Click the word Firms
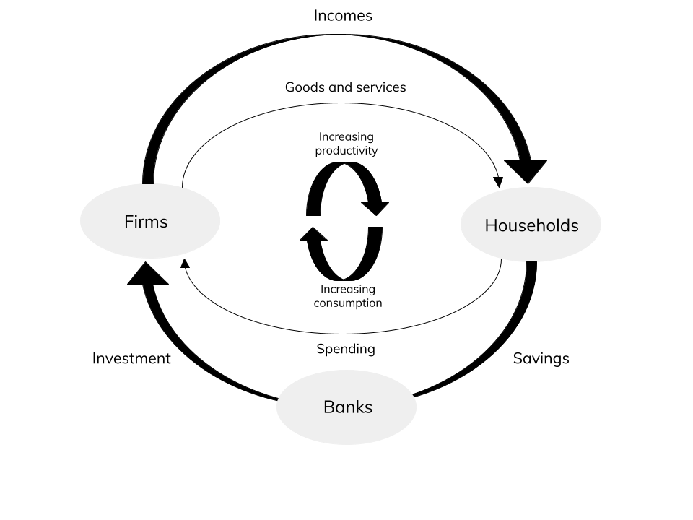(x=146, y=222)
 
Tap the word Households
(x=531, y=225)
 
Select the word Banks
(x=348, y=407)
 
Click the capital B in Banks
(x=328, y=407)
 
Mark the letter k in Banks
(x=358, y=407)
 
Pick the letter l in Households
(x=557, y=225)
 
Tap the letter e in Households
(x=531, y=227)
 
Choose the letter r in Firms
(x=142, y=223)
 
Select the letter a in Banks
(x=339, y=409)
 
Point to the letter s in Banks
(x=368, y=409)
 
